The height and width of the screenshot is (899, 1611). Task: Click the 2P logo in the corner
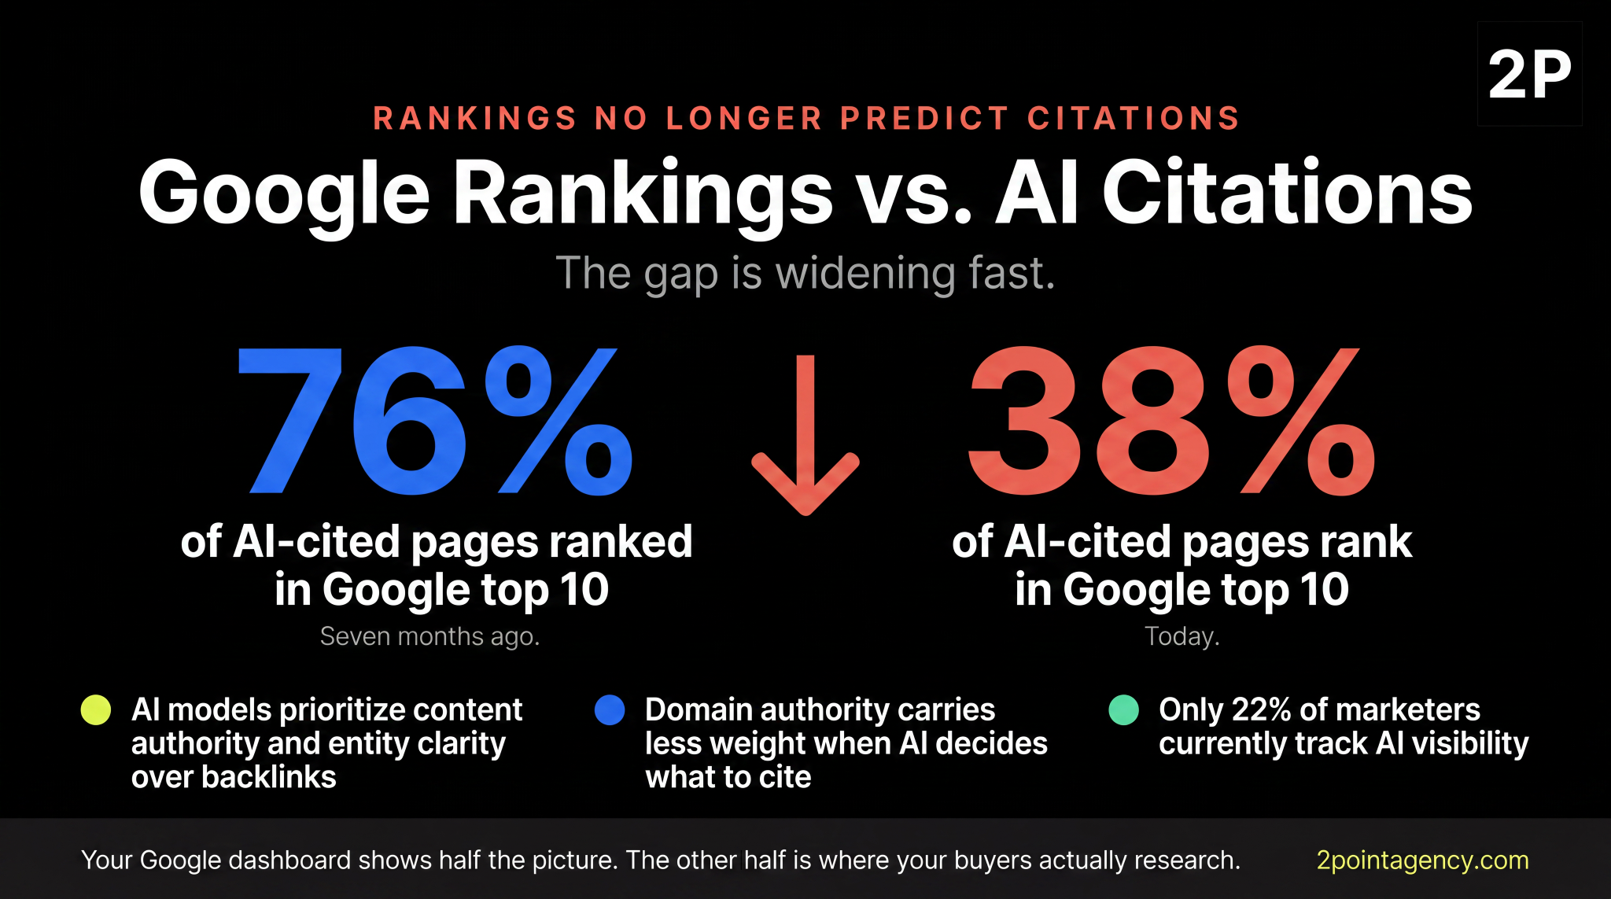click(1529, 74)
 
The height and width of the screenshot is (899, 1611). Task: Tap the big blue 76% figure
click(435, 422)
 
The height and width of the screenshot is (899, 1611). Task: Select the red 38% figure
click(1172, 422)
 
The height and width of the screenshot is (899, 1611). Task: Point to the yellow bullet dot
click(96, 709)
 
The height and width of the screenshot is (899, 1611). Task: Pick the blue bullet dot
click(610, 709)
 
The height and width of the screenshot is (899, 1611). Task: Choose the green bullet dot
click(1123, 709)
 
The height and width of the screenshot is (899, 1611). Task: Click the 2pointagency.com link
click(1422, 860)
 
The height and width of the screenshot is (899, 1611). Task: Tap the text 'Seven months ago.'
click(429, 636)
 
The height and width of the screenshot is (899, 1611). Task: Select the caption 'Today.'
click(1182, 636)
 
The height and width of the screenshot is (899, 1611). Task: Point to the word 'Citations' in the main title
click(1286, 193)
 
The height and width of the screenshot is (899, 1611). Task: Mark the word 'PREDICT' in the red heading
click(924, 119)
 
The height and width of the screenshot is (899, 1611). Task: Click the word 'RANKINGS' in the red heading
click(475, 119)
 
